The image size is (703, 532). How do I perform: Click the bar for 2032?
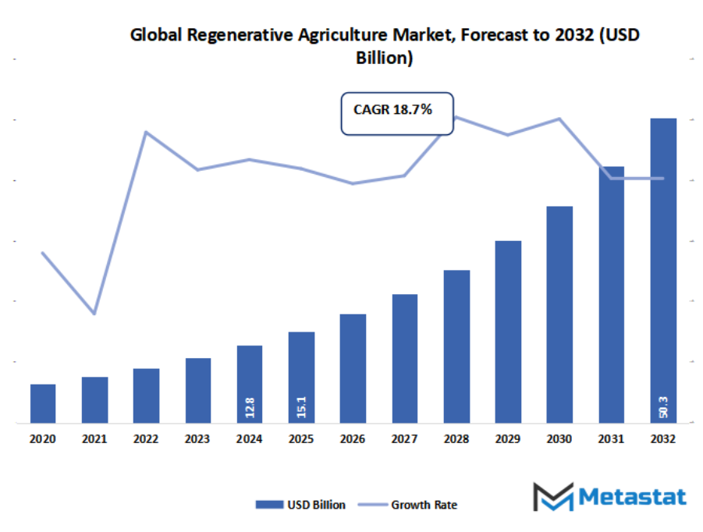pyautogui.click(x=662, y=270)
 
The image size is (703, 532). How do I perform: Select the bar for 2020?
pyautogui.click(x=43, y=403)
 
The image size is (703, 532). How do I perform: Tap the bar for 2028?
pyautogui.click(x=456, y=346)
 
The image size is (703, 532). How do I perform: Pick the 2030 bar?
pyautogui.click(x=559, y=314)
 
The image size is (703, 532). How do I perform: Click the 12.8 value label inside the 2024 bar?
pyautogui.click(x=250, y=406)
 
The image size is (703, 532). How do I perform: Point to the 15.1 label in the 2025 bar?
pyautogui.click(x=301, y=406)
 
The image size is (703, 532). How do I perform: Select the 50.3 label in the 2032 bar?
pyautogui.click(x=662, y=406)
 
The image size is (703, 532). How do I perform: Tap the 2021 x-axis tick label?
pyautogui.click(x=94, y=440)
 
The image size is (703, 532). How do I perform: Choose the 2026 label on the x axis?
pyautogui.click(x=353, y=440)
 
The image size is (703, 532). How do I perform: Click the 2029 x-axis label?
pyautogui.click(x=508, y=440)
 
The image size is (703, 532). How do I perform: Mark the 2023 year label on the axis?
pyautogui.click(x=197, y=440)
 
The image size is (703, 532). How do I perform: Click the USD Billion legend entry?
pyautogui.click(x=300, y=505)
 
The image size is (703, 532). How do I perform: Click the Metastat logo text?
pyautogui.click(x=633, y=497)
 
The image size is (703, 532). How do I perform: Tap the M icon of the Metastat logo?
pyautogui.click(x=552, y=497)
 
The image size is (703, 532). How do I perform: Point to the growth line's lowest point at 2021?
pyautogui.click(x=94, y=313)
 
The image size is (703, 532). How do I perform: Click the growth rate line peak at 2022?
pyautogui.click(x=146, y=132)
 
